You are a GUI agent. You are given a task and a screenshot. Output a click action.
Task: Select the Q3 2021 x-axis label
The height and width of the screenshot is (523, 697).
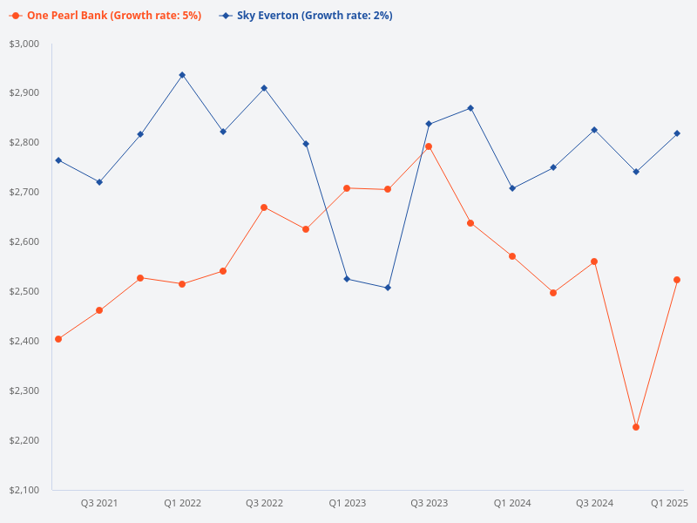[x=99, y=503]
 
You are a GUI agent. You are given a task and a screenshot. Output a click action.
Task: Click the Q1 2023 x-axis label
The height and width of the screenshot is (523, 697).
[x=347, y=503]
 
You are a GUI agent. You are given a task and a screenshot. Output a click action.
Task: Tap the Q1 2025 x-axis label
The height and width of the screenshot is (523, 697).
[x=670, y=503]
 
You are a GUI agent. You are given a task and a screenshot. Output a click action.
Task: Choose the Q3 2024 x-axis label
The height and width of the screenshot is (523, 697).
[x=594, y=503]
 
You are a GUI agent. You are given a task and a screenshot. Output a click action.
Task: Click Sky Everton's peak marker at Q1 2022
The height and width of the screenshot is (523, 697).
[x=182, y=75]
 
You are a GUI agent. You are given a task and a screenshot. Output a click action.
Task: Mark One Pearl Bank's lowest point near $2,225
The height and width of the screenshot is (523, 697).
[x=636, y=427]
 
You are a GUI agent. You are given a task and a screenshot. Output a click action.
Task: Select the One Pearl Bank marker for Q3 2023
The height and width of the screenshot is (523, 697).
[x=429, y=146]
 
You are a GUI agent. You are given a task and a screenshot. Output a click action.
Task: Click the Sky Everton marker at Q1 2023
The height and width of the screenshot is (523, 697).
[x=347, y=279]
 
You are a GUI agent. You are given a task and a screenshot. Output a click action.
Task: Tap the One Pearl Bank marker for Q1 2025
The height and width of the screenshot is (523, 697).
[x=677, y=280]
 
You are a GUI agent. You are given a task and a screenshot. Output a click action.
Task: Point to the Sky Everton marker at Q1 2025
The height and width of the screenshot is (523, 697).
[x=677, y=133]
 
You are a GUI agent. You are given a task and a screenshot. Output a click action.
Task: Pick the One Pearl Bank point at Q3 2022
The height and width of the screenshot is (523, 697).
[x=264, y=207]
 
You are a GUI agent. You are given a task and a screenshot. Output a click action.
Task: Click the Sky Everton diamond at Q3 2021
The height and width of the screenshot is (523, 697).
[x=99, y=182]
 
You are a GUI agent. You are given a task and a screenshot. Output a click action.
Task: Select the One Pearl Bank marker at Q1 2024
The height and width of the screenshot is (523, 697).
[x=512, y=256]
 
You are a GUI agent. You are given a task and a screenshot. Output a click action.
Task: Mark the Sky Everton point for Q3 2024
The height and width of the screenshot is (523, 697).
[x=594, y=130]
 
